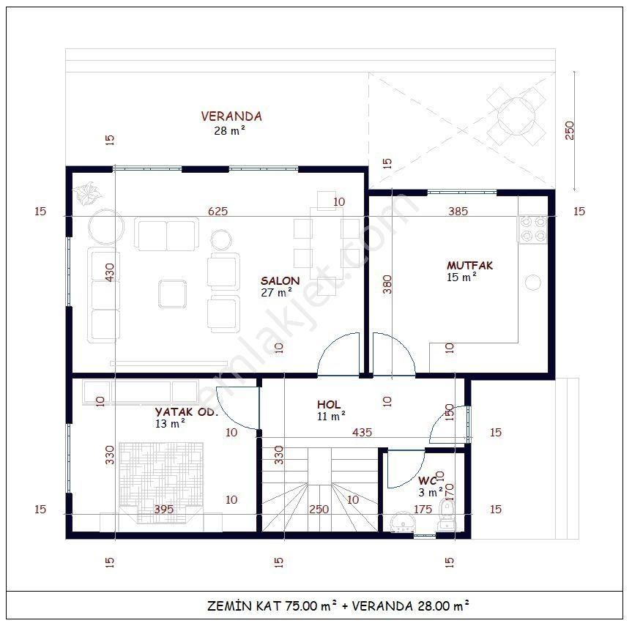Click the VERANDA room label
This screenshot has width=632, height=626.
pos(231,116)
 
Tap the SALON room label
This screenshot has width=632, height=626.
pos(280,281)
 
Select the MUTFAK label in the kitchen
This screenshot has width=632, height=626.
pos(469,265)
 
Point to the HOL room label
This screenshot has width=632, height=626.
pos(329,404)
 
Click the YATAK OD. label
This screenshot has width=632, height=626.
pos(187,412)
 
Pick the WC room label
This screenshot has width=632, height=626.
pos(427,480)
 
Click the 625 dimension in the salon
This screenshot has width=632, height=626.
pos(218,211)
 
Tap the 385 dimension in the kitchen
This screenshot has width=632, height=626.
pos(458,211)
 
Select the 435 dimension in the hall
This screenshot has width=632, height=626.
pos(362,432)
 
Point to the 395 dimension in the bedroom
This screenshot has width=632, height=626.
pos(163,509)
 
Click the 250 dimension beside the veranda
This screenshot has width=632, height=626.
pos(570,130)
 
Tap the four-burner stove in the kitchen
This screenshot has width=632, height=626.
pos(532,229)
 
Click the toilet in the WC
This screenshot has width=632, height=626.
pos(447,515)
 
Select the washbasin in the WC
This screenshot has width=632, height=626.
pos(402,521)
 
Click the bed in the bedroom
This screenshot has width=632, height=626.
pos(161,482)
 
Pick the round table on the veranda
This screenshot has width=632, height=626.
pos(516,116)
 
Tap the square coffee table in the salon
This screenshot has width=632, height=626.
pos(173,294)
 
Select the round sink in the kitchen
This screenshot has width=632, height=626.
pos(533,282)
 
